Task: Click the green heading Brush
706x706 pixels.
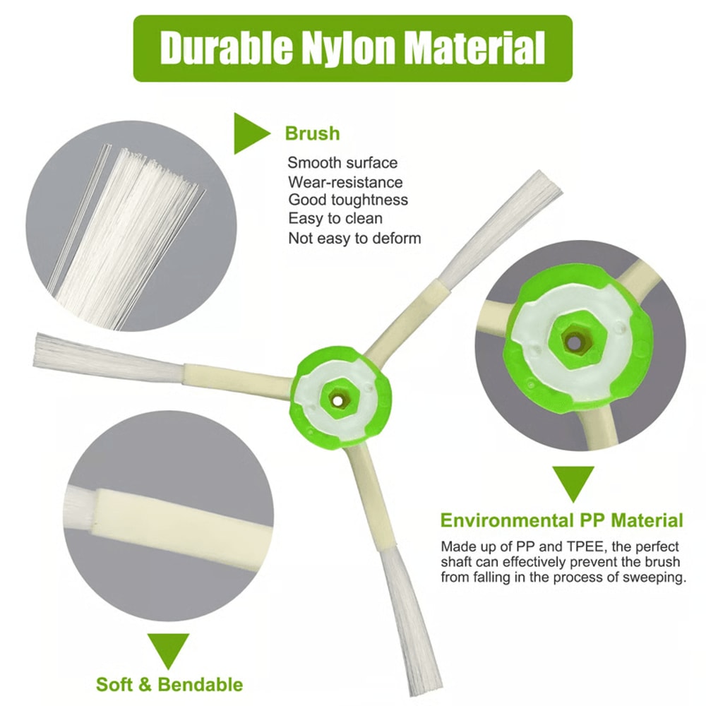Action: (312, 133)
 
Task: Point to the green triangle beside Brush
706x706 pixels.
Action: (250, 132)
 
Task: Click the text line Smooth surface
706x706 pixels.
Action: (342, 163)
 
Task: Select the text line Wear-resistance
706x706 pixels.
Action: (345, 182)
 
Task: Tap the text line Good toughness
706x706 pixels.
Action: (348, 201)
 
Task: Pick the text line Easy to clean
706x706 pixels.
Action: (335, 219)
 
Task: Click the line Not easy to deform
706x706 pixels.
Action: (354, 238)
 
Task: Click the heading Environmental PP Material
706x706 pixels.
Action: (562, 521)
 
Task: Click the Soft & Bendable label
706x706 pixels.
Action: (169, 684)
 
